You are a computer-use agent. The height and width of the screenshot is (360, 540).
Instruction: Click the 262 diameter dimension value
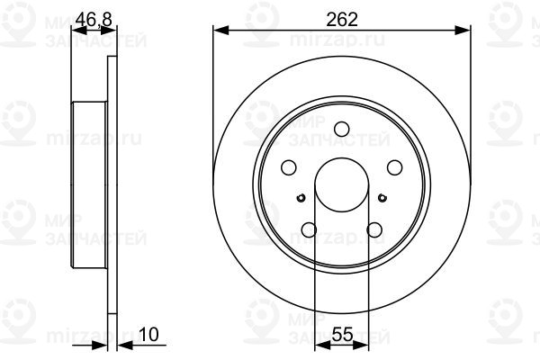point(343,18)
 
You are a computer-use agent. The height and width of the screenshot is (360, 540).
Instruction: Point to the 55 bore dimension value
point(341,334)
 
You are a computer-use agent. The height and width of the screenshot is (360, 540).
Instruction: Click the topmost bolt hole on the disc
point(342,130)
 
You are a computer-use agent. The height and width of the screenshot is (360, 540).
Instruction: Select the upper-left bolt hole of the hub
point(289,167)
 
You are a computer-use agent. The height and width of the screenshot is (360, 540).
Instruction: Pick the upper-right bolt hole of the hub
point(394,167)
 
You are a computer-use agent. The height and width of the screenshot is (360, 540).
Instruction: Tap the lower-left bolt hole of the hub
point(310,229)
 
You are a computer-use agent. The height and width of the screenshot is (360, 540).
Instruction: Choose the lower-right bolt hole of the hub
point(374,229)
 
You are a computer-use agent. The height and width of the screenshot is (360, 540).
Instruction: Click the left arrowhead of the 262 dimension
point(219,31)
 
